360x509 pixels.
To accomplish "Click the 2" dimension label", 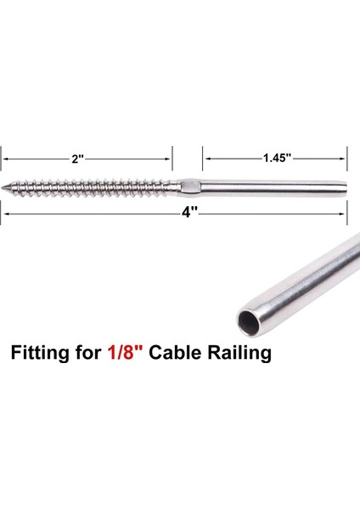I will (77, 158).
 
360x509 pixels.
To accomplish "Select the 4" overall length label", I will (188, 213).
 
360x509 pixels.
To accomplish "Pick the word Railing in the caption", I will (243, 352).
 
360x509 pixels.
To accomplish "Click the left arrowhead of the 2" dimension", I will (5, 158).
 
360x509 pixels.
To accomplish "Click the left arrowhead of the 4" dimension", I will (5, 214).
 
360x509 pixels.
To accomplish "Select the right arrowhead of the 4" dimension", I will (344, 214).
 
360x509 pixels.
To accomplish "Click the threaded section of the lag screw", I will (93, 185).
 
